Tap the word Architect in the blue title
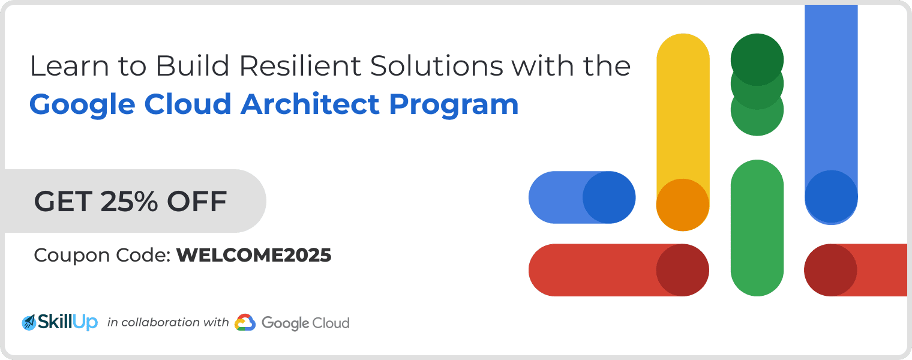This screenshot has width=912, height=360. pyautogui.click(x=310, y=104)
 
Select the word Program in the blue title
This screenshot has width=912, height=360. pyautogui.click(x=454, y=106)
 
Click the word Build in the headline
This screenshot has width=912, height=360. pyautogui.click(x=192, y=65)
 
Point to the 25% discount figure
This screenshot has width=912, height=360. pyautogui.click(x=128, y=201)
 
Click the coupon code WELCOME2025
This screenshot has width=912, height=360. pyautogui.click(x=254, y=256)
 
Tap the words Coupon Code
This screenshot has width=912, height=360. pyautogui.click(x=102, y=256)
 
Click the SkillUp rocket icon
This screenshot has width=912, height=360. pyautogui.click(x=29, y=323)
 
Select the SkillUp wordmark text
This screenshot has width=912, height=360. pyautogui.click(x=68, y=322)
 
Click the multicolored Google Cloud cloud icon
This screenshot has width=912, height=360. pyautogui.click(x=245, y=323)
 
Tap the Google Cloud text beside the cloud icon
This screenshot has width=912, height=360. pyautogui.click(x=305, y=323)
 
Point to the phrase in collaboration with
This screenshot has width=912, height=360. pyautogui.click(x=168, y=323)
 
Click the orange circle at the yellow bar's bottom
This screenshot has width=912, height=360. pyautogui.click(x=683, y=205)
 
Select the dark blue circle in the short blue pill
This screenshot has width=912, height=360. pyautogui.click(x=609, y=197)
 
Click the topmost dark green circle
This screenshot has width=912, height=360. pyautogui.click(x=757, y=59)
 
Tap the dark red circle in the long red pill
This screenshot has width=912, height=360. pyautogui.click(x=682, y=270)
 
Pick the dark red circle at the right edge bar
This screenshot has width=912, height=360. pyautogui.click(x=830, y=270)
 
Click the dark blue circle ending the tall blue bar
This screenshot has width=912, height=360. pyautogui.click(x=832, y=197)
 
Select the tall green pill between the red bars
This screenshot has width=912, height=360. pyautogui.click(x=757, y=228)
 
